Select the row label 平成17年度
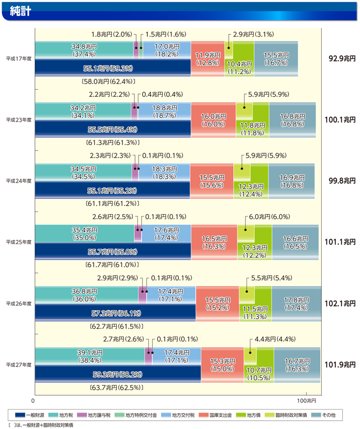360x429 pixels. pyautogui.click(x=18, y=58)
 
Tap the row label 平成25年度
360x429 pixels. pyautogui.click(x=18, y=242)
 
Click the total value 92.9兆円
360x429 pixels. pyautogui.click(x=341, y=58)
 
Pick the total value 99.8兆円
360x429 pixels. pyautogui.click(x=341, y=180)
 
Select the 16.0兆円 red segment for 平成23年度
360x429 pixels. pyautogui.click(x=212, y=120)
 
